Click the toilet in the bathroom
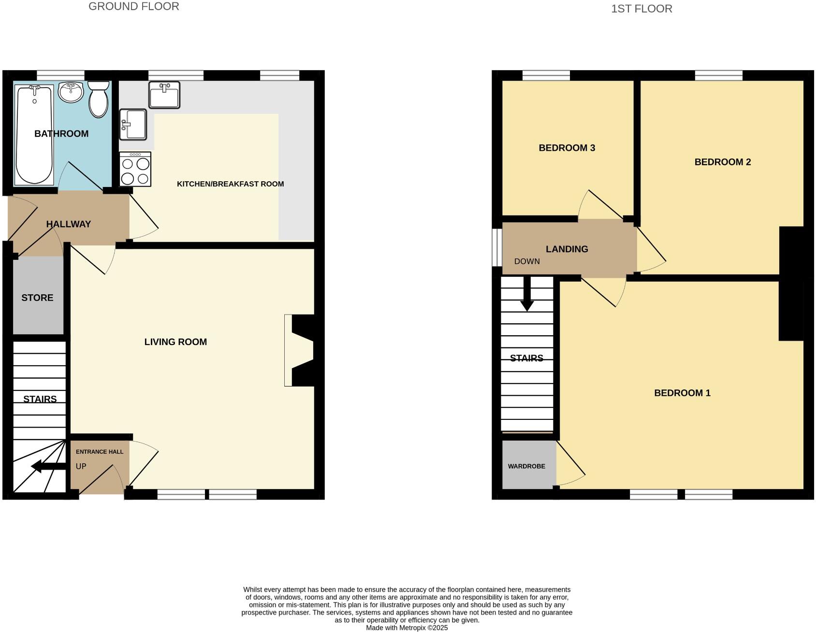[99, 100]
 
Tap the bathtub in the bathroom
[34, 135]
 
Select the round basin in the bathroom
[71, 92]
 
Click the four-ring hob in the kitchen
[135, 170]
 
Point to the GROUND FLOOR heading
[134, 7]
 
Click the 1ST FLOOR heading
[641, 9]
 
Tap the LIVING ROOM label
[175, 342]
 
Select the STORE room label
[37, 298]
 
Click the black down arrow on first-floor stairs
[527, 295]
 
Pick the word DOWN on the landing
[527, 261]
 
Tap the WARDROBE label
[526, 466]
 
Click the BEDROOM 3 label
[567, 148]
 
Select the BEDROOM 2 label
[722, 162]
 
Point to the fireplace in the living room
[300, 351]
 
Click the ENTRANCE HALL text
[100, 452]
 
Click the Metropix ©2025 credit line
[407, 628]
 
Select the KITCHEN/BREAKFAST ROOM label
[230, 184]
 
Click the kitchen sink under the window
[164, 95]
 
